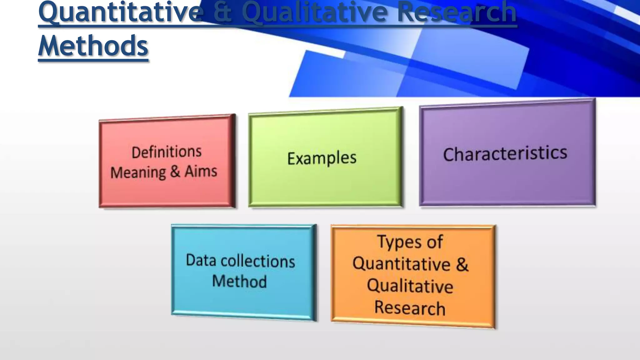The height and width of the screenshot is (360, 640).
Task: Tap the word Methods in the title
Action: pos(93,46)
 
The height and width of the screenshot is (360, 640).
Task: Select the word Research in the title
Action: pos(457,12)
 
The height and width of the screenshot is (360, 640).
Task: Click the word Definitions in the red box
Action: pos(167,152)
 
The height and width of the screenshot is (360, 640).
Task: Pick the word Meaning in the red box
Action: pos(138,172)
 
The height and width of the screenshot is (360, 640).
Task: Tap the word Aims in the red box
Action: pos(201,172)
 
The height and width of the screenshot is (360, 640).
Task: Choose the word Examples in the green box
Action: pos(322,158)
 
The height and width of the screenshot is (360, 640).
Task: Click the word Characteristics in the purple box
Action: pos(505,154)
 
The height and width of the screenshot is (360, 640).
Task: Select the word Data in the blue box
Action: pos(201,260)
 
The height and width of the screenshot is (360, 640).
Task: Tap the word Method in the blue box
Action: pos(239,281)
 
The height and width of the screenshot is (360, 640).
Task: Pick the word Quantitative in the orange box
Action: pos(402,264)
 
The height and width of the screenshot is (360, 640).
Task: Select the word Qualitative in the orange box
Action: pos(410,286)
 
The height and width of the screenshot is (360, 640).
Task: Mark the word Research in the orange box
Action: pos(410,308)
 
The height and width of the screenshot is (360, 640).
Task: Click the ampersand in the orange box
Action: pos(462,264)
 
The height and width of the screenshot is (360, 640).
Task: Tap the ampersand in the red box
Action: pos(175,172)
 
